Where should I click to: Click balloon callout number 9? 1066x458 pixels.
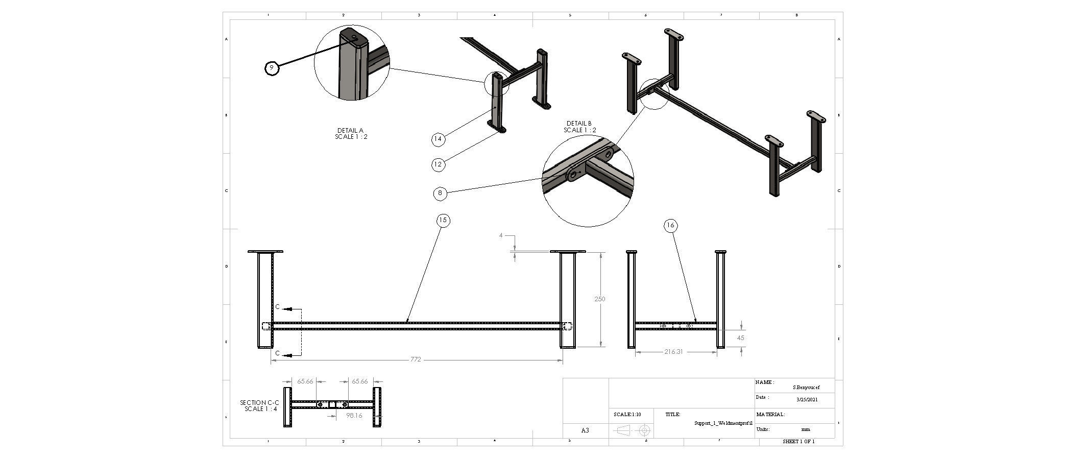coord(272,68)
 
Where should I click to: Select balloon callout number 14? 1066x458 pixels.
coord(438,139)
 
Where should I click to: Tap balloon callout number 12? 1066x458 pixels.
coord(438,164)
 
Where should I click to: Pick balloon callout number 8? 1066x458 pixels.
coord(440,193)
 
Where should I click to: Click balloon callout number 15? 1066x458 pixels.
coord(443,221)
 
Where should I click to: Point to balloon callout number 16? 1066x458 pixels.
coord(671,225)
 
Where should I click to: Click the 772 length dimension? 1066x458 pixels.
coord(416,359)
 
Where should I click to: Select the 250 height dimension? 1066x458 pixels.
coord(599,299)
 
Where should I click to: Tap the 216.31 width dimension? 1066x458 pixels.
coord(673,351)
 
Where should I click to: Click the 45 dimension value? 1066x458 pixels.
coord(741,338)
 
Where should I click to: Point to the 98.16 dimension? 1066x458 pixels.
coord(354,416)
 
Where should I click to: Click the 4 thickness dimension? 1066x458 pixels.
coord(501,235)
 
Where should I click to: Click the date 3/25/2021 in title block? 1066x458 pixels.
coord(807,399)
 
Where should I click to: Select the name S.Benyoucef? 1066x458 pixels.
coord(806,388)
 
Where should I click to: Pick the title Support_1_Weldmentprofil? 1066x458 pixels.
coord(723,423)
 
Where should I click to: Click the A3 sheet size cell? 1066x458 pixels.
coord(585,430)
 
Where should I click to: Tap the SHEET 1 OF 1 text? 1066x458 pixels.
coord(798,441)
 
